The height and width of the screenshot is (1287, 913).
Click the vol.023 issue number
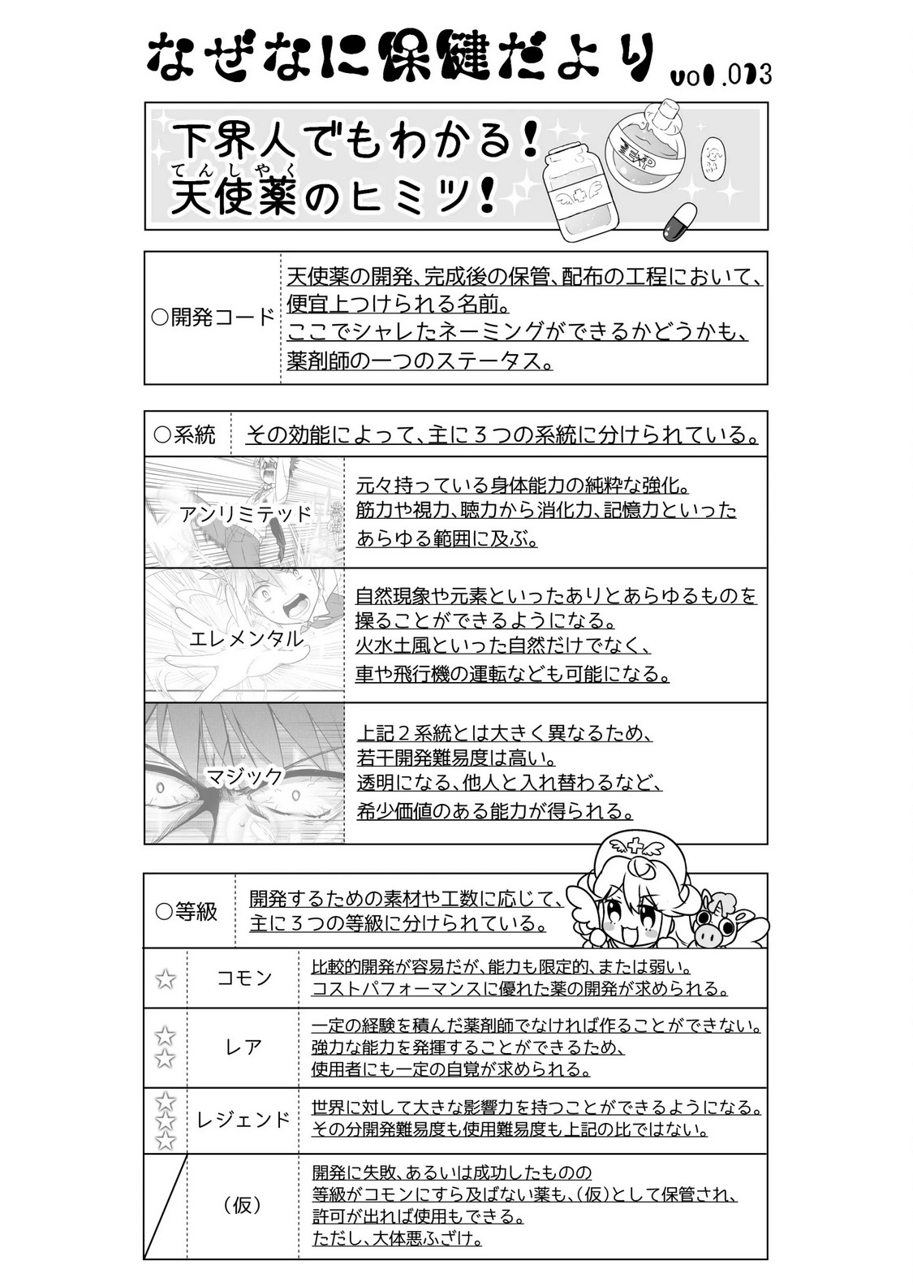tap(721, 75)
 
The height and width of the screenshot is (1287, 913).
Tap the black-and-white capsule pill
tap(680, 221)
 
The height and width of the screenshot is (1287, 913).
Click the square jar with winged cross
tap(579, 192)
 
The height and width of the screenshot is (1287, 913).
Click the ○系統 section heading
tap(185, 435)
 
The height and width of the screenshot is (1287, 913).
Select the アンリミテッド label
tap(245, 514)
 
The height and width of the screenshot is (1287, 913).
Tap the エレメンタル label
tap(245, 639)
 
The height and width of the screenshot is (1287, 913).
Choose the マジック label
tap(245, 776)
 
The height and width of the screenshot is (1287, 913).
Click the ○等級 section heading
tap(187, 911)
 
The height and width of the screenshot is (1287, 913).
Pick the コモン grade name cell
tap(243, 978)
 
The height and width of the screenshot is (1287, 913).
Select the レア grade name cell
tap(243, 1047)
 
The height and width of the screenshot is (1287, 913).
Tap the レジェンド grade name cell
tap(243, 1120)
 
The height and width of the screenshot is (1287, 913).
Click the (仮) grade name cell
tap(243, 1205)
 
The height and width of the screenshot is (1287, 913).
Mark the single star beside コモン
tap(166, 978)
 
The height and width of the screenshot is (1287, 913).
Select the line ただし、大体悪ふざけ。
tap(398, 1239)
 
